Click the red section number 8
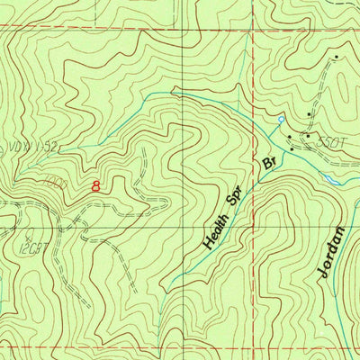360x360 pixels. click(x=96, y=186)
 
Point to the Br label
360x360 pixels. click(x=267, y=164)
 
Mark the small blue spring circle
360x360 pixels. click(x=281, y=119)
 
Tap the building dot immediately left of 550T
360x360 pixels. click(x=307, y=137)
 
